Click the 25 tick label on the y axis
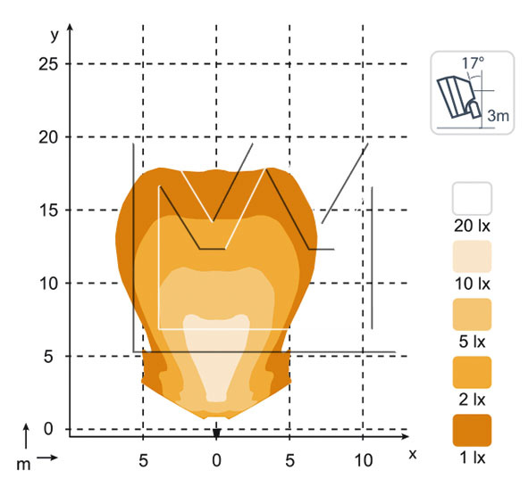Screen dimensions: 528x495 (48, 64)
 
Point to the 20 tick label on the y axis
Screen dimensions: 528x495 (48, 137)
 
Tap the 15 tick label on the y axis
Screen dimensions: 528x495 (48, 210)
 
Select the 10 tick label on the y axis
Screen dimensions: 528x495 (48, 284)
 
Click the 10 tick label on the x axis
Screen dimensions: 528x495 (364, 460)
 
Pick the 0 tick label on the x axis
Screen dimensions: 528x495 (216, 460)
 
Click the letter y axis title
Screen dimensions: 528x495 (54, 35)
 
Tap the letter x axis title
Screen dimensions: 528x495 (413, 454)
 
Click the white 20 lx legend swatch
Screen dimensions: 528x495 (472, 198)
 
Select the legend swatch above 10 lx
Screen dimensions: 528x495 (472, 256)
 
